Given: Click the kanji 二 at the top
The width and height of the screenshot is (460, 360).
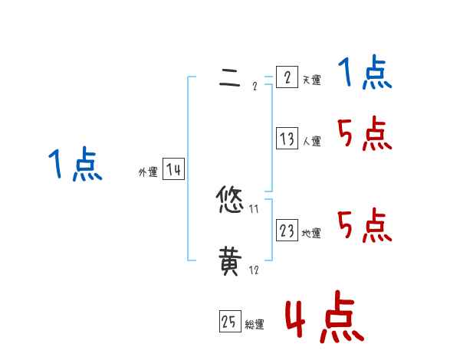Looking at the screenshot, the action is pyautogui.click(x=229, y=78).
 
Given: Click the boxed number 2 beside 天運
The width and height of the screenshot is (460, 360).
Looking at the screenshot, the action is pyautogui.click(x=287, y=78).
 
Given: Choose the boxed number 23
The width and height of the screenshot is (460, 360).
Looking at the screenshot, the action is pyautogui.click(x=287, y=231).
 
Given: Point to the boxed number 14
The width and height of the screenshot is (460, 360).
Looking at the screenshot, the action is pyautogui.click(x=173, y=170).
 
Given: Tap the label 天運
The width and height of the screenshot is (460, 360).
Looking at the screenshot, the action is pyautogui.click(x=311, y=80).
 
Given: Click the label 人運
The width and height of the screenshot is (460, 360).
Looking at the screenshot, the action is pyautogui.click(x=311, y=141).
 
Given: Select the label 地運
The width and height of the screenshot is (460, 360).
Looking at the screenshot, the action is pyautogui.click(x=311, y=233).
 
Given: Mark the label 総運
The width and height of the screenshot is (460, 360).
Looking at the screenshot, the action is pyautogui.click(x=255, y=325).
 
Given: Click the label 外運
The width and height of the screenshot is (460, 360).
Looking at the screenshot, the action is pyautogui.click(x=148, y=172).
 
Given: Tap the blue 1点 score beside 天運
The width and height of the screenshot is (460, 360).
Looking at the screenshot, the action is pyautogui.click(x=364, y=74).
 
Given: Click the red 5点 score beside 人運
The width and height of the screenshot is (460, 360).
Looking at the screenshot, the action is pyautogui.click(x=364, y=136).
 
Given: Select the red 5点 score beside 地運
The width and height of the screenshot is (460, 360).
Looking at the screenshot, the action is pyautogui.click(x=364, y=225).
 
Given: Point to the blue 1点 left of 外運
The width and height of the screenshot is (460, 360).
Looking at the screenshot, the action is pyautogui.click(x=75, y=165).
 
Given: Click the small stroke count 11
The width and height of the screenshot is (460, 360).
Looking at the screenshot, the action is pyautogui.click(x=254, y=208).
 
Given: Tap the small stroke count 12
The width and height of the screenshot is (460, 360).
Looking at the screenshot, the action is pyautogui.click(x=254, y=270).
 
